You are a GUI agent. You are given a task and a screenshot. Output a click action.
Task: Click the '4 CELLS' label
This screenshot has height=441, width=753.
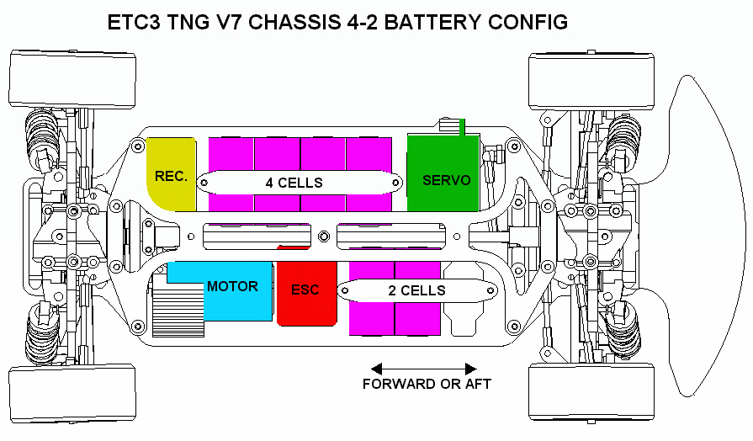tap(294, 182)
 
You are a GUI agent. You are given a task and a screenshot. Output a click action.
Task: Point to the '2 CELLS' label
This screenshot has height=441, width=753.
tap(416, 290)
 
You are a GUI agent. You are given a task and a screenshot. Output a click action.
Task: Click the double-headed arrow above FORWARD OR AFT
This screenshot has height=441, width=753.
tap(424, 369)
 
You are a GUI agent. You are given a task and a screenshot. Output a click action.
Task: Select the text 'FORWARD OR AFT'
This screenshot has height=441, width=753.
tap(427, 385)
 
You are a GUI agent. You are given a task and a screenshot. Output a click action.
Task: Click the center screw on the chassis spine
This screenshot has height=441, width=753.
tap(325, 235)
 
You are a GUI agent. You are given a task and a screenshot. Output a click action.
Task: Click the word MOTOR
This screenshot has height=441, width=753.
tap(232, 287)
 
